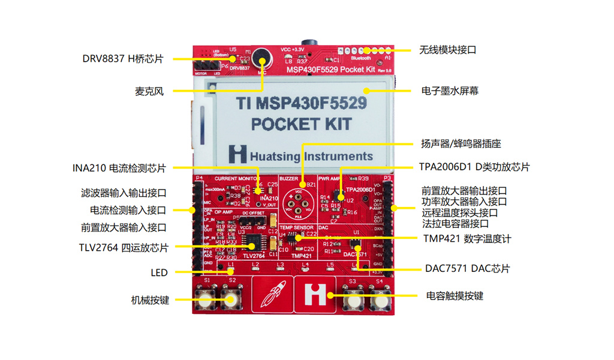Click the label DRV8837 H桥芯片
click(x=123, y=59)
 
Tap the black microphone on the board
click(x=261, y=58)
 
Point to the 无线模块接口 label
click(x=447, y=50)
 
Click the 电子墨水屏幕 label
click(x=450, y=91)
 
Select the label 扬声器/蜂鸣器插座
click(x=460, y=144)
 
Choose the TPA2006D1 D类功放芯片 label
click(x=474, y=167)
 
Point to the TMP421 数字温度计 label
click(x=466, y=239)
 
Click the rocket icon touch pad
click(x=271, y=295)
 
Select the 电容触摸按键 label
click(x=455, y=296)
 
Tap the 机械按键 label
click(x=150, y=300)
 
